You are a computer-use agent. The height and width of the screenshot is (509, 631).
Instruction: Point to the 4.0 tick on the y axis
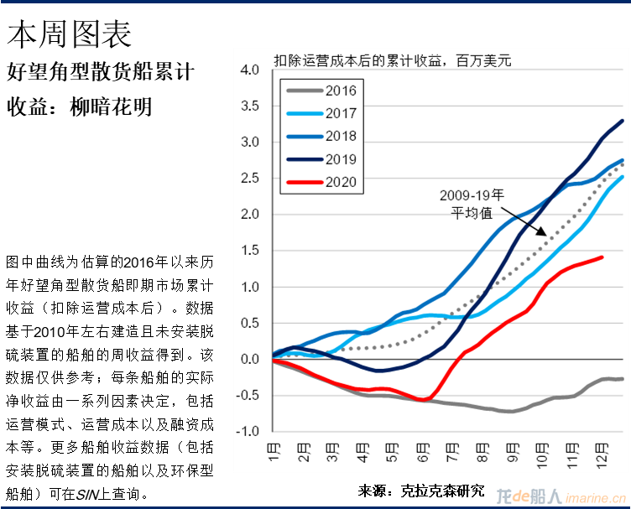tap(249, 70)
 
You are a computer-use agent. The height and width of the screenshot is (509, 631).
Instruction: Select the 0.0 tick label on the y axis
tap(249, 360)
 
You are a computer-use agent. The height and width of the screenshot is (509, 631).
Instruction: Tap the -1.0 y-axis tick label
tap(248, 432)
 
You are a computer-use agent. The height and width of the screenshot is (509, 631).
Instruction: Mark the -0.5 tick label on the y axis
tap(248, 396)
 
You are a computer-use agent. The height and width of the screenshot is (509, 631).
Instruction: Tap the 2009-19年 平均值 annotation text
tap(472, 204)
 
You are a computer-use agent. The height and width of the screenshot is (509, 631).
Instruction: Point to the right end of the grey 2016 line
tap(622, 379)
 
